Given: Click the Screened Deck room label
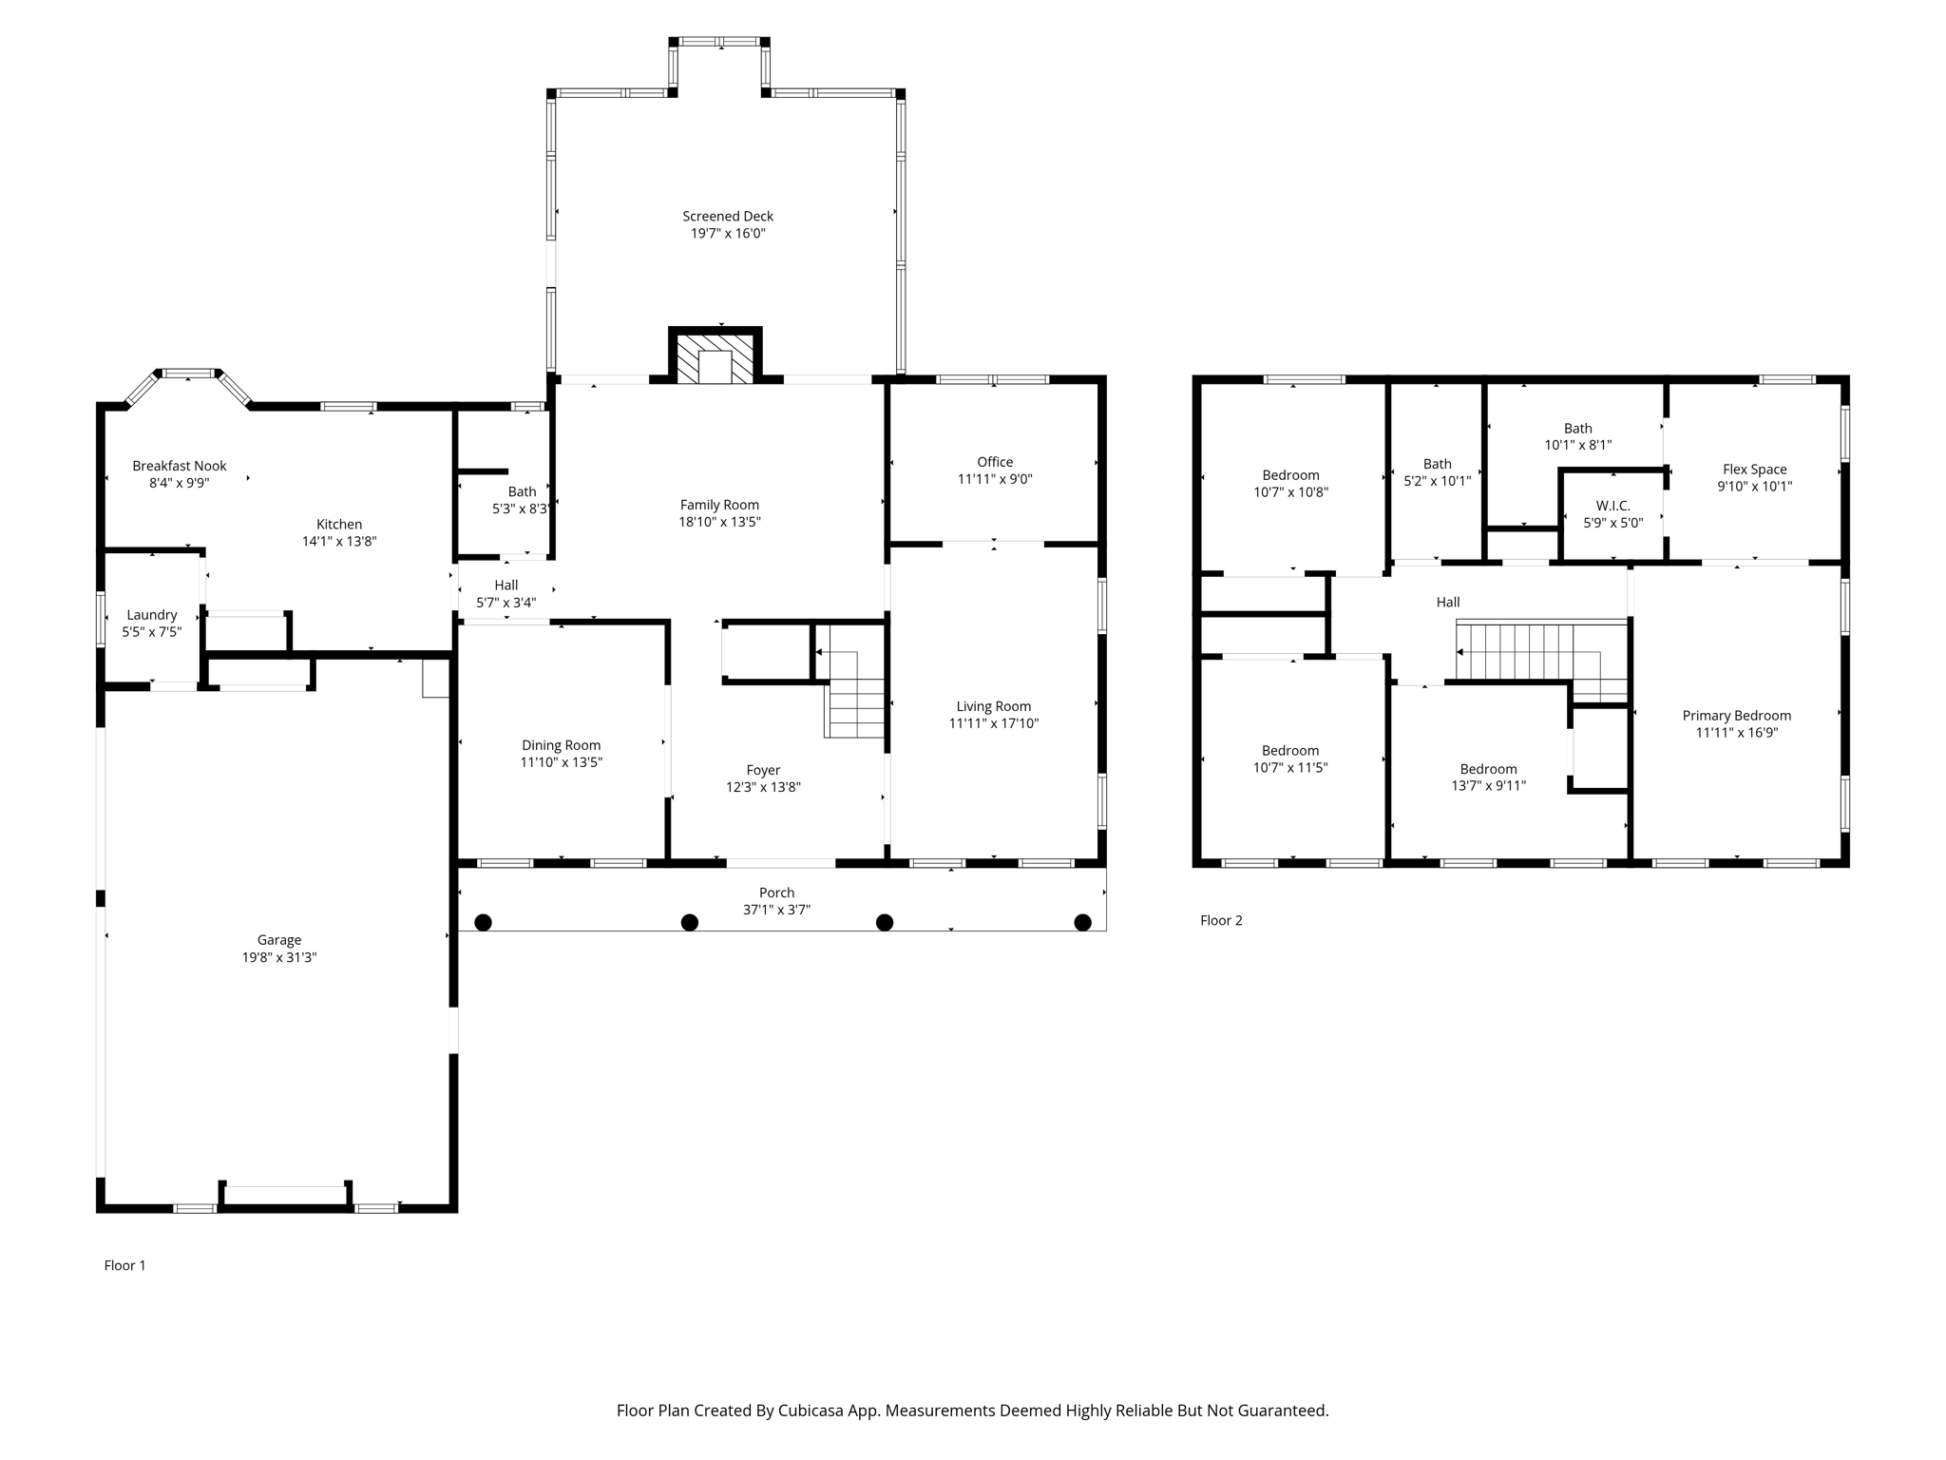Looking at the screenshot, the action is (728, 217).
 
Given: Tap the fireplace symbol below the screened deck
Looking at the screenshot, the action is (715, 355).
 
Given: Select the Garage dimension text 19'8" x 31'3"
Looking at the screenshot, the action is (279, 957).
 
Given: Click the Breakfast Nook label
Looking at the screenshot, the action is (180, 466).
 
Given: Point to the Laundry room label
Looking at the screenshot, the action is (152, 615).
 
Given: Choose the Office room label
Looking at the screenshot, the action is (995, 462).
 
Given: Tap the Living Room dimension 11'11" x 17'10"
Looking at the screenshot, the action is (994, 723).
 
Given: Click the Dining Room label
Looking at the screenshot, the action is (562, 745).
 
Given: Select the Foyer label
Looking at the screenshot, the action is (763, 770).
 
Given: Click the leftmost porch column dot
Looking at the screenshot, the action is (483, 922).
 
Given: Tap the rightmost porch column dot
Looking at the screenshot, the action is (1082, 922).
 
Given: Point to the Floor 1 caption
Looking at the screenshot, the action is (125, 1265).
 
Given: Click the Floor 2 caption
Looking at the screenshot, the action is (1221, 920).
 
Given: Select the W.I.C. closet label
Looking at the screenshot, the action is (1613, 506).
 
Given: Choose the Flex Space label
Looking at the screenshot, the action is (1755, 470).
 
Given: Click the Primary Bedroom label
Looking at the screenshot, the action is (1737, 716).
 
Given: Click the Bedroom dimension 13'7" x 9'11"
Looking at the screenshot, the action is (1489, 786).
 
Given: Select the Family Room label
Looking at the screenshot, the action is (719, 505).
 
